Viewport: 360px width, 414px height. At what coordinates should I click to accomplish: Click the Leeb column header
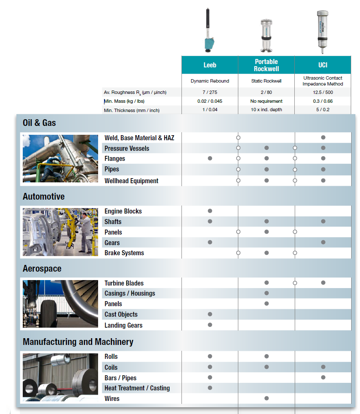(x=210, y=65)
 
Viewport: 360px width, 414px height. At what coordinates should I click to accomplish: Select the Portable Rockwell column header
(x=266, y=65)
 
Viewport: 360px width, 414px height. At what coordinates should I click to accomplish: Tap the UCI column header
(x=323, y=65)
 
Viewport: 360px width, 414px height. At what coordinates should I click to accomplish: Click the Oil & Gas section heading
(x=39, y=123)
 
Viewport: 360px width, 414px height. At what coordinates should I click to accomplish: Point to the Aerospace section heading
(x=42, y=269)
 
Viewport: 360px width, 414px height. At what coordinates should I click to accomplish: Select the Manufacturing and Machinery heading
(x=78, y=342)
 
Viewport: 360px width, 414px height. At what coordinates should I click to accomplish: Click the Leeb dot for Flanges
(x=210, y=158)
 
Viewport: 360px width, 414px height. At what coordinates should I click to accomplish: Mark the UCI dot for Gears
(x=323, y=242)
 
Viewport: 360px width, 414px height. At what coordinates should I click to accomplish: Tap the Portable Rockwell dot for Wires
(x=267, y=398)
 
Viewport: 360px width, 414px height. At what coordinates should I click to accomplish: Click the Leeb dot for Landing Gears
(x=210, y=325)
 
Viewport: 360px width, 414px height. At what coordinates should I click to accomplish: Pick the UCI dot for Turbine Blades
(x=323, y=283)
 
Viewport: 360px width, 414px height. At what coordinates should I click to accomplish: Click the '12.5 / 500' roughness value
(x=323, y=92)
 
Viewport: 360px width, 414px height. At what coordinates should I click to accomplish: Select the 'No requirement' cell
(x=266, y=101)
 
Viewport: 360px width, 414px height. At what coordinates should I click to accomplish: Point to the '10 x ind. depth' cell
(x=266, y=110)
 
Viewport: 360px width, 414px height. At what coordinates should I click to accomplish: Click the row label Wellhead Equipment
(x=131, y=181)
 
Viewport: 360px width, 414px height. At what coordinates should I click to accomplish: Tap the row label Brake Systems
(x=124, y=253)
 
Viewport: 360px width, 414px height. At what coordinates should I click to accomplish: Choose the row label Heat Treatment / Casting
(x=137, y=388)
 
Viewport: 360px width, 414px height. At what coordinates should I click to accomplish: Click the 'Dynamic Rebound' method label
(x=210, y=81)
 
